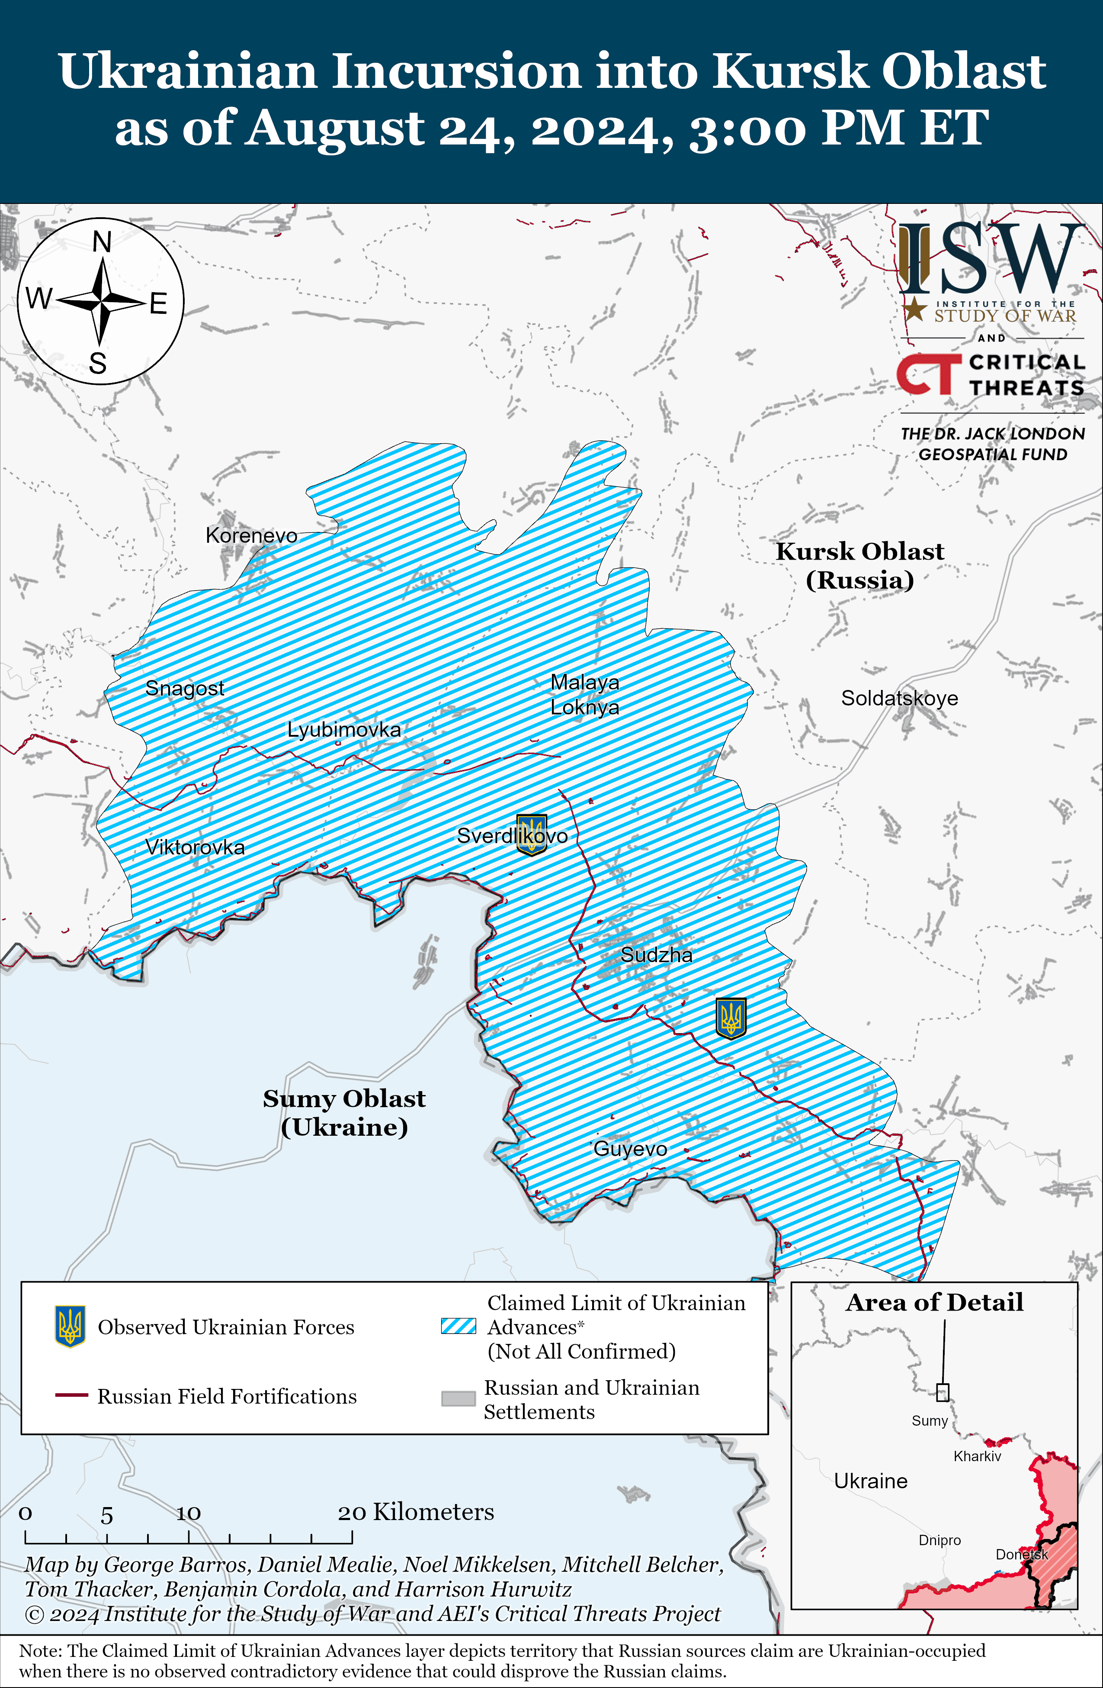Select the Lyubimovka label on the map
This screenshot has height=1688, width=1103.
coord(344,729)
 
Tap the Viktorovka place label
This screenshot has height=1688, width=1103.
coord(195,847)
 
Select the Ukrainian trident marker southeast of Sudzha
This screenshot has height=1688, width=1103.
coord(731,1018)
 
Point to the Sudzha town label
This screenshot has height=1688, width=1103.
coord(657,955)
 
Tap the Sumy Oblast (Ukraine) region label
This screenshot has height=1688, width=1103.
coord(344,1112)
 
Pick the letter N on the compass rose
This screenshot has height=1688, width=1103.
coord(102,242)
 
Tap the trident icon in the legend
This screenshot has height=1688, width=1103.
coord(70,1326)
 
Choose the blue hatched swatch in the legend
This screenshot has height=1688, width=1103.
coord(458,1326)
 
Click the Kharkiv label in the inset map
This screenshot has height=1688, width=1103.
coord(977,1456)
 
